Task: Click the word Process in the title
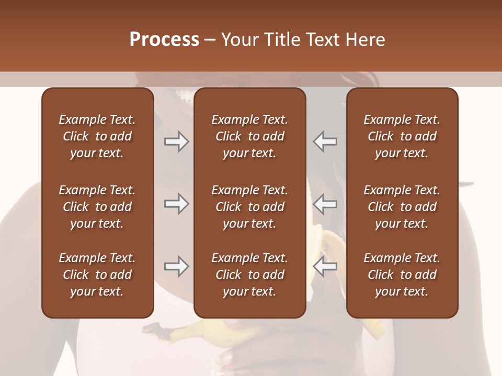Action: coord(164,40)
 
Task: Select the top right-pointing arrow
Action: coord(176,142)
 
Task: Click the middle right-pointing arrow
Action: coord(176,204)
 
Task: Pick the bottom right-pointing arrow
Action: coord(176,266)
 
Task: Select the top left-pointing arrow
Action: coord(325,142)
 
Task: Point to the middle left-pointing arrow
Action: coord(325,204)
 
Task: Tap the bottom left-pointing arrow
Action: coord(325,266)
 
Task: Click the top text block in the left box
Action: coord(97,136)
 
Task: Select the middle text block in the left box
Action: coord(97,207)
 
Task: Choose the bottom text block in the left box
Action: coord(97,275)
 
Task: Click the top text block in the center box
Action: coord(249,136)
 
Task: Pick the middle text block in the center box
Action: coord(249,207)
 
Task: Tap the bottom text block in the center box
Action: coord(249,275)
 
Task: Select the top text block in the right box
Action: coord(402,136)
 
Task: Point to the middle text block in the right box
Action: coord(402,207)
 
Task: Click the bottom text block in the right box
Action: coord(402,275)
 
